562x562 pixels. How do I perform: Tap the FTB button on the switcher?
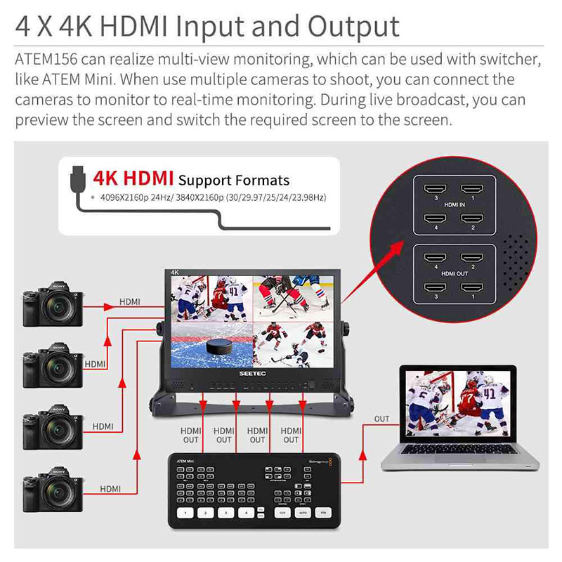click(324, 513)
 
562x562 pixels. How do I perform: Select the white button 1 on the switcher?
click(185, 513)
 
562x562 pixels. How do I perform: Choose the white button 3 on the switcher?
click(225, 513)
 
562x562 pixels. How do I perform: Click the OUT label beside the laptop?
click(381, 419)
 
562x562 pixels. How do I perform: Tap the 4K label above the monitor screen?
click(176, 273)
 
